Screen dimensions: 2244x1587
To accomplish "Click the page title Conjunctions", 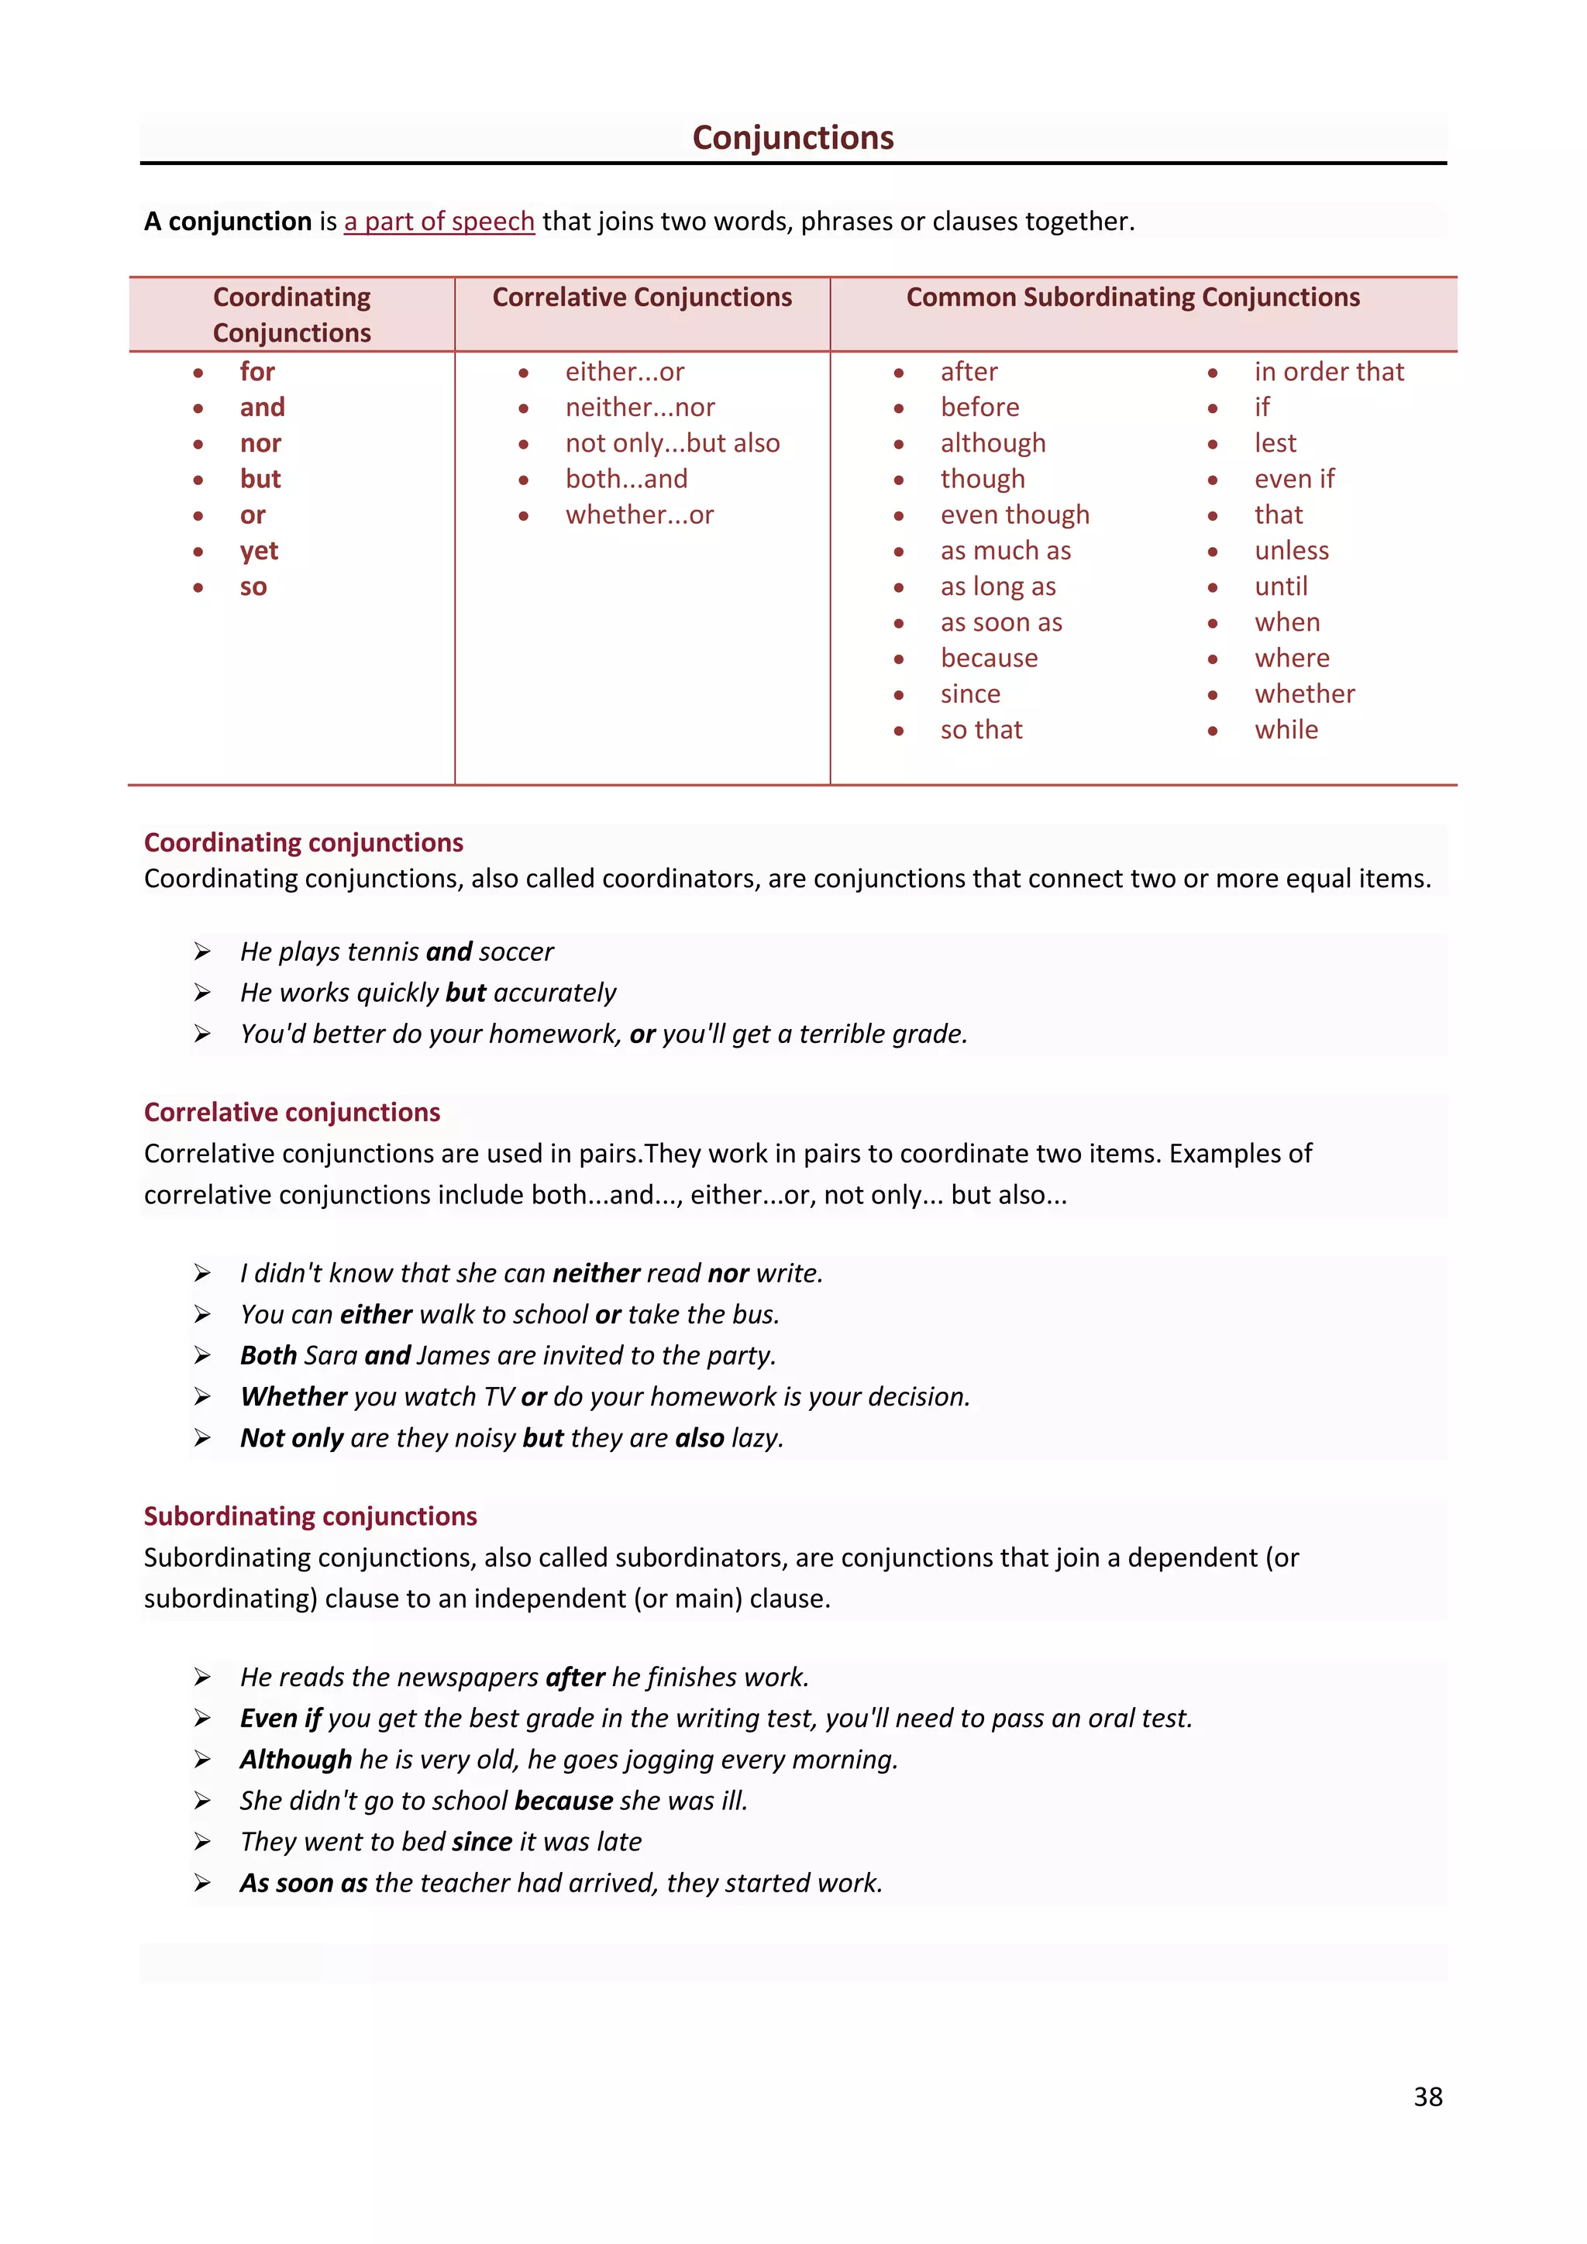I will click(x=793, y=138).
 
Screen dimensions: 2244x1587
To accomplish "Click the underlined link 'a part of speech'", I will click(x=439, y=222).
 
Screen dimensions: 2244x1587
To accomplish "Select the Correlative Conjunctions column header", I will click(x=642, y=297).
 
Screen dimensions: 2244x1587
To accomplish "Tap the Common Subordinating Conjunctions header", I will click(x=1133, y=297).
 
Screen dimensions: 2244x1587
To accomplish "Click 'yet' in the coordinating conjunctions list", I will click(x=259, y=551).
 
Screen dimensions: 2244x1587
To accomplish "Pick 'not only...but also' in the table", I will click(x=673, y=444).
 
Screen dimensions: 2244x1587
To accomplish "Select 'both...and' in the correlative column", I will click(x=626, y=479).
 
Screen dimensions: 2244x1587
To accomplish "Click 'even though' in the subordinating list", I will click(x=1014, y=515).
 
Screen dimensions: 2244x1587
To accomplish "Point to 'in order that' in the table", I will click(x=1329, y=373).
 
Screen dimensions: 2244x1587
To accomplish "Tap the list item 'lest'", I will click(x=1275, y=444).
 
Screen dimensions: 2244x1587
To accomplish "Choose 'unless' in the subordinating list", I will click(x=1292, y=551).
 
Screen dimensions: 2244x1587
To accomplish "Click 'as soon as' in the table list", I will click(x=1000, y=622).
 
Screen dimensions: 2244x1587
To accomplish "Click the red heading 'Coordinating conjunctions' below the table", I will click(x=303, y=842).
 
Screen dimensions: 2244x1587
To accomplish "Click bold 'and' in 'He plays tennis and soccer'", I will click(x=449, y=952).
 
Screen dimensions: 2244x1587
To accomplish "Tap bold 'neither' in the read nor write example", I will click(x=596, y=1274).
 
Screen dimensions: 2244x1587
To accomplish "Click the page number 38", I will click(x=1427, y=2097).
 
